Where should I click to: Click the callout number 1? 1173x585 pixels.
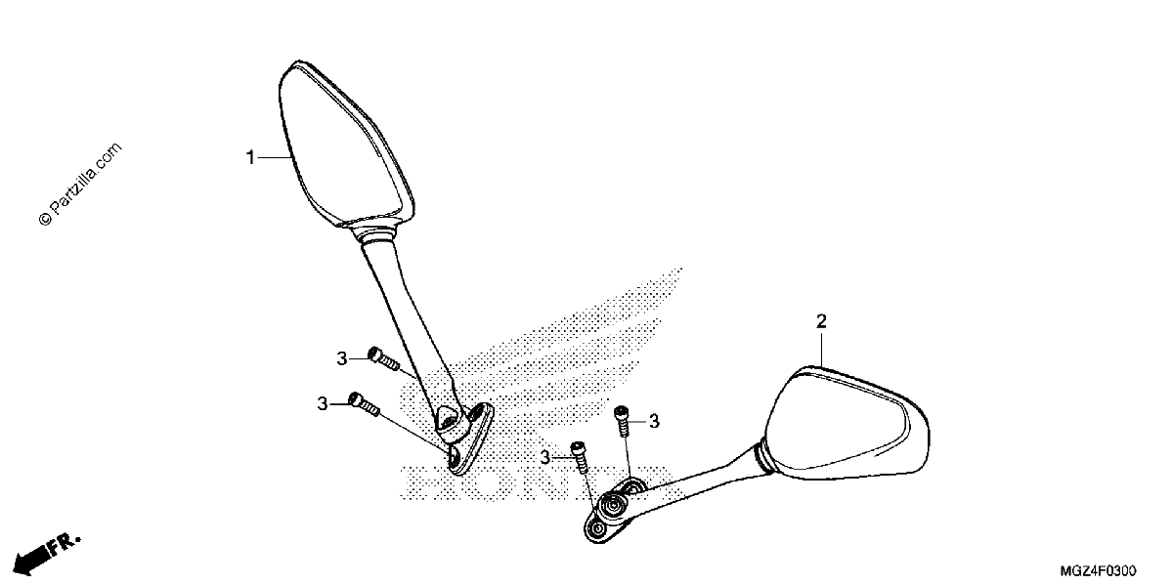[x=250, y=157]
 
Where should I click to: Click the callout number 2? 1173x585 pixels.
[x=821, y=321]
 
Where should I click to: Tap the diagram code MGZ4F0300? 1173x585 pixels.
[x=1098, y=571]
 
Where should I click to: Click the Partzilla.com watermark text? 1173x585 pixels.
[x=80, y=184]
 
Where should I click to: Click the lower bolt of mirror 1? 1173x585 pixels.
[x=364, y=403]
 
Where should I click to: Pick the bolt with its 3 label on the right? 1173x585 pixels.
[x=622, y=420]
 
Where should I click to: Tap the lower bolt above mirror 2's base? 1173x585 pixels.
[x=579, y=457]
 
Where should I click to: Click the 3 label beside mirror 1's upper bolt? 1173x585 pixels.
[x=342, y=359]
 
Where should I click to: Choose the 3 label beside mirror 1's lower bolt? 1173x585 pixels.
[x=323, y=404]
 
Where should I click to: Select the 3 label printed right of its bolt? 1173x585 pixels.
[x=654, y=421]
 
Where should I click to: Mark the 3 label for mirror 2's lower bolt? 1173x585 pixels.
[x=545, y=458]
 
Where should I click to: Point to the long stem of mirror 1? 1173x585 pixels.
[x=409, y=324]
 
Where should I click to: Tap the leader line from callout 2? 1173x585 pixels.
[x=821, y=349]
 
